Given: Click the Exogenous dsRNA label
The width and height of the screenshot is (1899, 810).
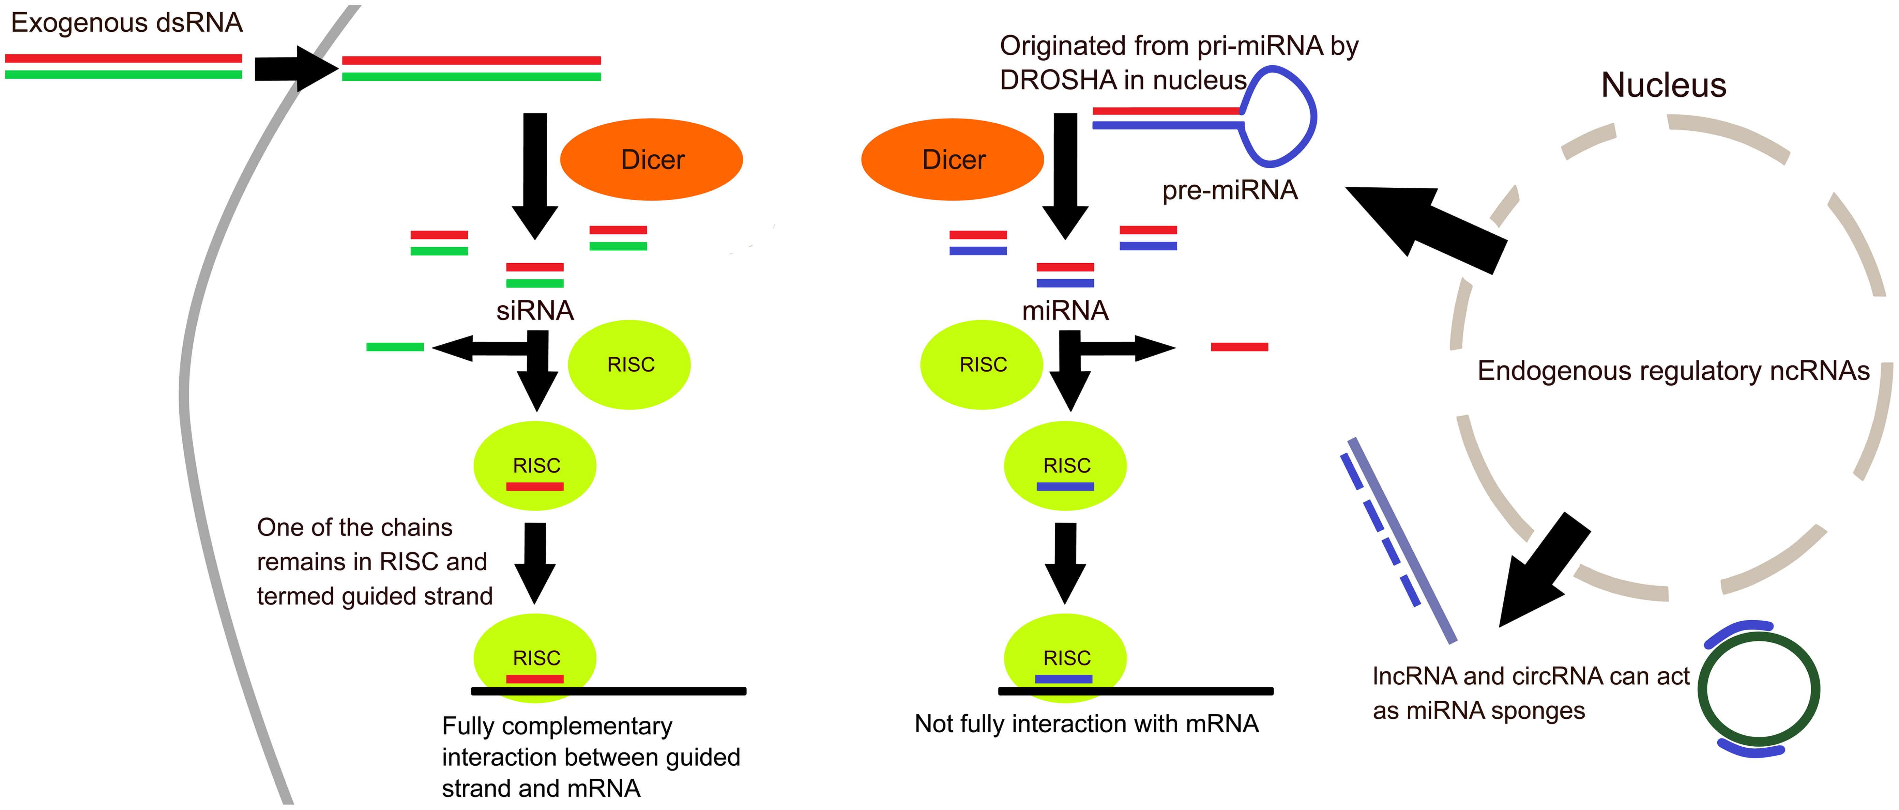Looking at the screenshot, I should coord(127,23).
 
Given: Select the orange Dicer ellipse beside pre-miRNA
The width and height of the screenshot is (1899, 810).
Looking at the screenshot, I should coord(953,159).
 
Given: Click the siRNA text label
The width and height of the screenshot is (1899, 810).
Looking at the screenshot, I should coord(534,310).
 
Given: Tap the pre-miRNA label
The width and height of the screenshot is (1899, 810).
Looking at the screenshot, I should coord(1230,190).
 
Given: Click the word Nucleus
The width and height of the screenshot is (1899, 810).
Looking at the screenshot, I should coord(1663,85).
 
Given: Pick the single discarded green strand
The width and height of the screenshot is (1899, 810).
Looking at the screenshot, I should coord(395,346).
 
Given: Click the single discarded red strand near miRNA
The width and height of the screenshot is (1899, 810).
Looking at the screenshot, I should coord(1239,346).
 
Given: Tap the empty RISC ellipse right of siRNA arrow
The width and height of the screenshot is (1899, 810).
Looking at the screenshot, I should coord(629,365).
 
